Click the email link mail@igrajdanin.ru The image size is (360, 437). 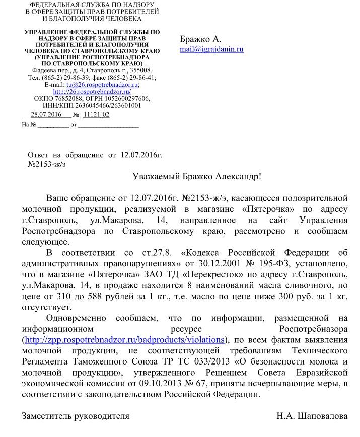(211, 49)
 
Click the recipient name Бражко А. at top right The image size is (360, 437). (200, 39)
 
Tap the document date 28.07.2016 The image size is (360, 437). (46, 115)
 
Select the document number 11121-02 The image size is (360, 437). (96, 115)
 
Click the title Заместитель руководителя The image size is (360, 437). (76, 416)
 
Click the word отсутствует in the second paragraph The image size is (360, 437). (47, 307)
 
